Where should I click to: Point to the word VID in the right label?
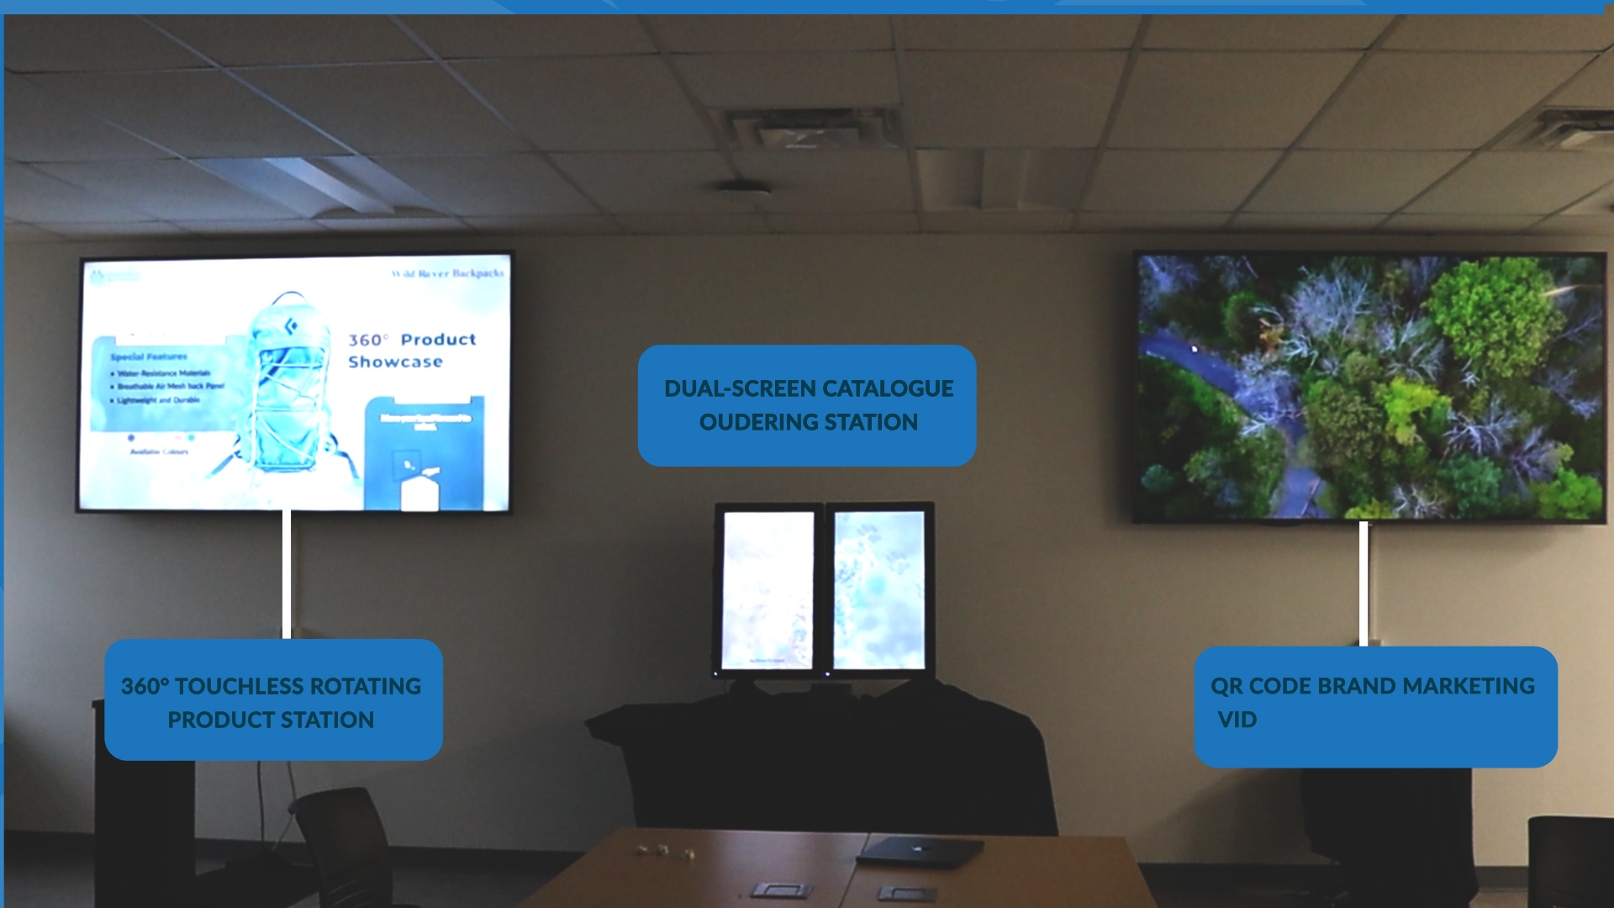[x=1237, y=720]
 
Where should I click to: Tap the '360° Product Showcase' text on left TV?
[x=412, y=351]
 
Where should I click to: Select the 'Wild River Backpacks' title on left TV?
[x=447, y=273]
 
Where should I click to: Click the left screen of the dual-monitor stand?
[x=767, y=589]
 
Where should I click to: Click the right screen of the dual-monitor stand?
[x=878, y=589]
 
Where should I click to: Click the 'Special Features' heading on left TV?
[x=149, y=356]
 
